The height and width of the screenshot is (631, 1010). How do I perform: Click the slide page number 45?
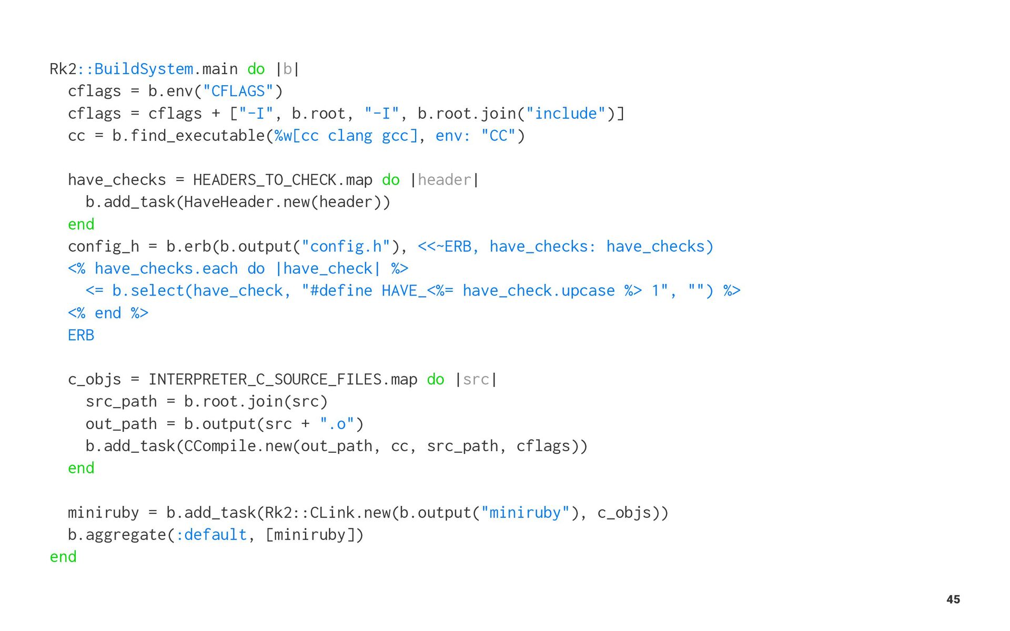(x=953, y=599)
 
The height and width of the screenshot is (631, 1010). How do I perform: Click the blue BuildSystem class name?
(x=143, y=69)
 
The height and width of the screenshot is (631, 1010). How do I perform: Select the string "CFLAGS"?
(x=238, y=91)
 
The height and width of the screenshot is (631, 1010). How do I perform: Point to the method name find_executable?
(x=197, y=136)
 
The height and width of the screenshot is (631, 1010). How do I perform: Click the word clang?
(x=350, y=136)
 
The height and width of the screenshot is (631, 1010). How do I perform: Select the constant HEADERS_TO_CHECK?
(x=265, y=180)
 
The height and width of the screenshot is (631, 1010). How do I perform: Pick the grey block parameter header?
(x=445, y=180)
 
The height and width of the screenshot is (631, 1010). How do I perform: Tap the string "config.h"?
(x=346, y=247)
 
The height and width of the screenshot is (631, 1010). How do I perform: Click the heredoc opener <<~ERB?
(x=445, y=247)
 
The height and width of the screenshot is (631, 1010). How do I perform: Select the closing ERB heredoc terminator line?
(x=81, y=335)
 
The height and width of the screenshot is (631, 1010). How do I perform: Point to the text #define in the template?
(x=341, y=291)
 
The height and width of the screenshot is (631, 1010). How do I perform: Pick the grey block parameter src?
(x=476, y=380)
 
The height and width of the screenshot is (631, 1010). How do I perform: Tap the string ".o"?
(x=337, y=424)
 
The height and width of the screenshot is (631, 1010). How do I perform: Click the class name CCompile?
(x=220, y=446)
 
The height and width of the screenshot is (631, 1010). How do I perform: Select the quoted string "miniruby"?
(x=525, y=513)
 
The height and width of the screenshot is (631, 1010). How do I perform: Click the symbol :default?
(x=211, y=535)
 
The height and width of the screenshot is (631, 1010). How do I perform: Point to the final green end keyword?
(x=63, y=557)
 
